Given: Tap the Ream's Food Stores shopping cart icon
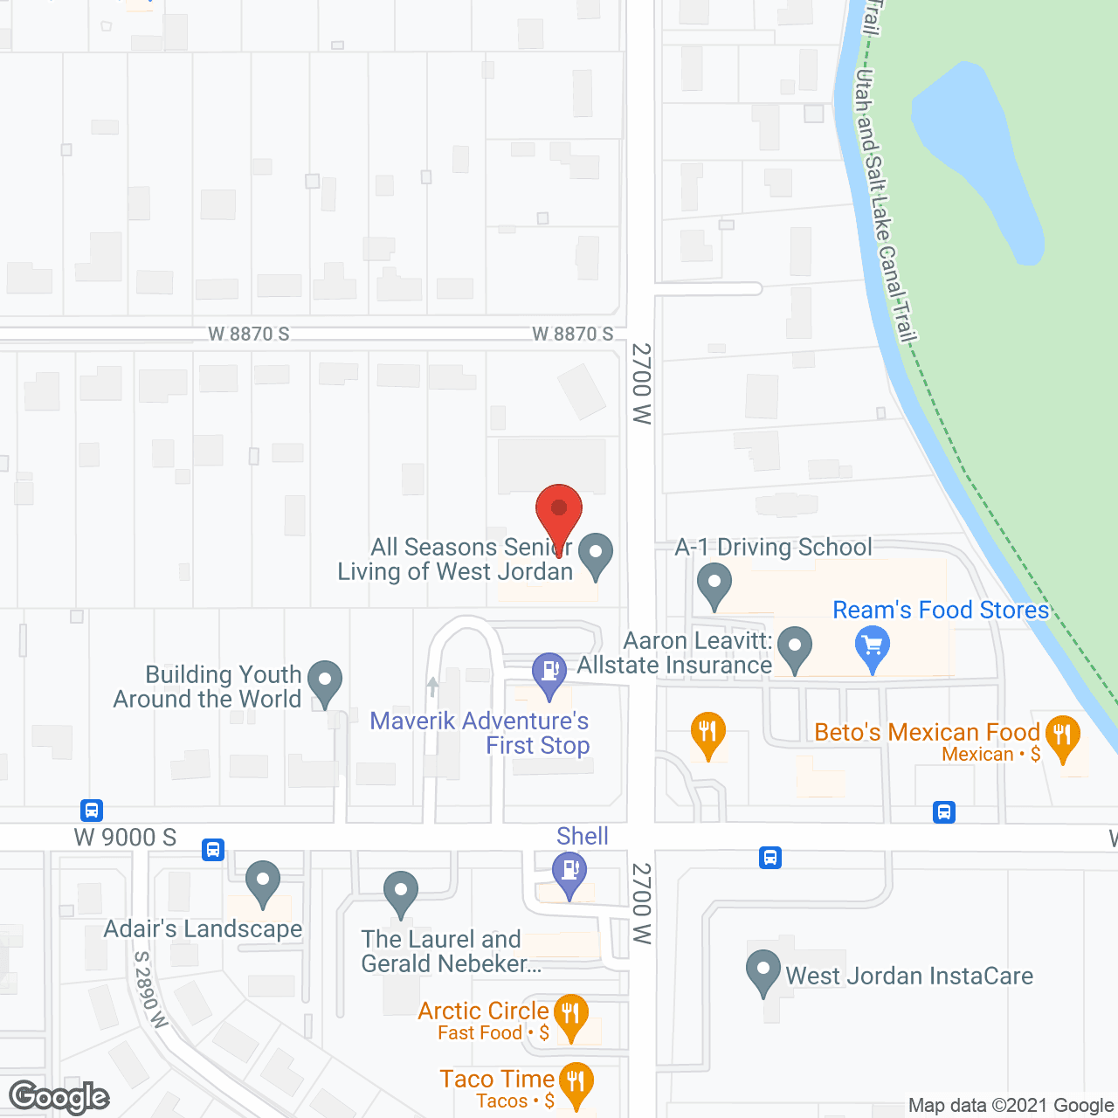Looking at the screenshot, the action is pos(872,647).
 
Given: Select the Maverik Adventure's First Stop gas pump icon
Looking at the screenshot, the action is pos(549,673).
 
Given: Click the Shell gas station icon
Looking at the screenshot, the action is pos(569,872).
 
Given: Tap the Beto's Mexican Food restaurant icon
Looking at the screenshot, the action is pos(1062,735).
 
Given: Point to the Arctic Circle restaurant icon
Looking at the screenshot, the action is pos(570,1015).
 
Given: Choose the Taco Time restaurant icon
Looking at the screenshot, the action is pos(576,1083).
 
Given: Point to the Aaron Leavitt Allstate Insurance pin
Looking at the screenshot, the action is pos(795,648).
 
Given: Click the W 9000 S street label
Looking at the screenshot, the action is pos(125,838).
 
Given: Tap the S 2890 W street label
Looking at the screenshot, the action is pos(150,989).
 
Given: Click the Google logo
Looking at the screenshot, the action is pos(59,1097).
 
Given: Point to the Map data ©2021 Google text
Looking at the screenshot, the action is pos(1011,1106).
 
